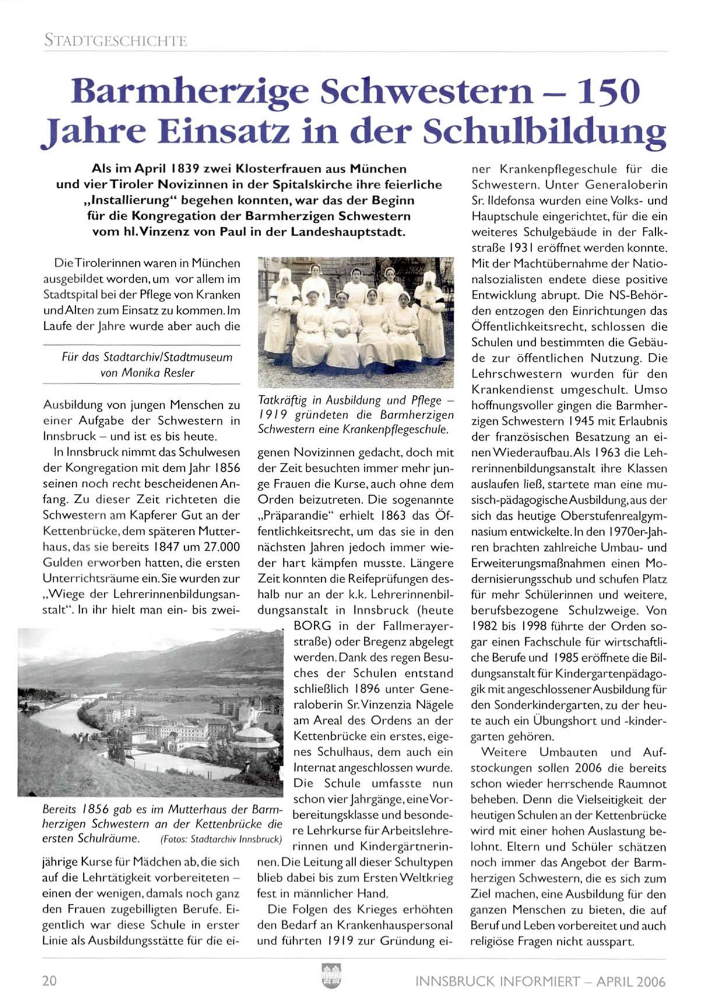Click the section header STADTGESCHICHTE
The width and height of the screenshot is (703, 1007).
click(x=115, y=41)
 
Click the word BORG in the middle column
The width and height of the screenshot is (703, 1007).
click(x=312, y=626)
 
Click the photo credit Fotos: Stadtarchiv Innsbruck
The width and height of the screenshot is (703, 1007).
click(x=221, y=840)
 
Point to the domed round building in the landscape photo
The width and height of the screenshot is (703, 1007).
click(x=256, y=740)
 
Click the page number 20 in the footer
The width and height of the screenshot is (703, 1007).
click(x=50, y=981)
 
